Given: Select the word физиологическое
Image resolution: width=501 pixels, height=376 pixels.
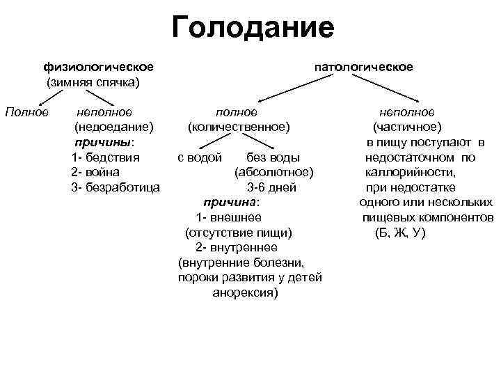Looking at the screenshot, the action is tap(99, 67).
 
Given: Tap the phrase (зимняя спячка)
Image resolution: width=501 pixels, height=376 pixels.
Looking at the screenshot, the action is tap(93, 82).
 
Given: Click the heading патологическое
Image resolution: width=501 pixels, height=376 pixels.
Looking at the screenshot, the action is tap(364, 67).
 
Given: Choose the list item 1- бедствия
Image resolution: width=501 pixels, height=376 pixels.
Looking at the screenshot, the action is tap(105, 157).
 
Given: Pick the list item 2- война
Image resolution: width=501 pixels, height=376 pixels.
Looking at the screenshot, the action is tap(95, 172).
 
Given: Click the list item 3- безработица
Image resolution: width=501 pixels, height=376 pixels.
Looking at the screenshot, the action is tap(116, 187).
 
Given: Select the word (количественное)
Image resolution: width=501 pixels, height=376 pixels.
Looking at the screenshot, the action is tap(238, 127).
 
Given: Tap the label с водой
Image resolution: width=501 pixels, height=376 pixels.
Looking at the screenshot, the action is tap(200, 157).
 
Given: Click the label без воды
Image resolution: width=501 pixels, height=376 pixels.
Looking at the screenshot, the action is tap(274, 157).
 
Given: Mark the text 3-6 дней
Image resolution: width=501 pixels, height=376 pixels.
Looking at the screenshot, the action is tap(272, 187).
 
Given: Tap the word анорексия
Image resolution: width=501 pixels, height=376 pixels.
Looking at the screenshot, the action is tap(244, 293).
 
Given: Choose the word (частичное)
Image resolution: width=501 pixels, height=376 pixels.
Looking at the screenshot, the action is tap(407, 127).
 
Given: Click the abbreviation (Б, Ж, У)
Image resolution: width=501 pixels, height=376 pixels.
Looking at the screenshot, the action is tap(400, 233).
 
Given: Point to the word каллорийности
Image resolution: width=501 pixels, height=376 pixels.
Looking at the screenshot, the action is tap(411, 172).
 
